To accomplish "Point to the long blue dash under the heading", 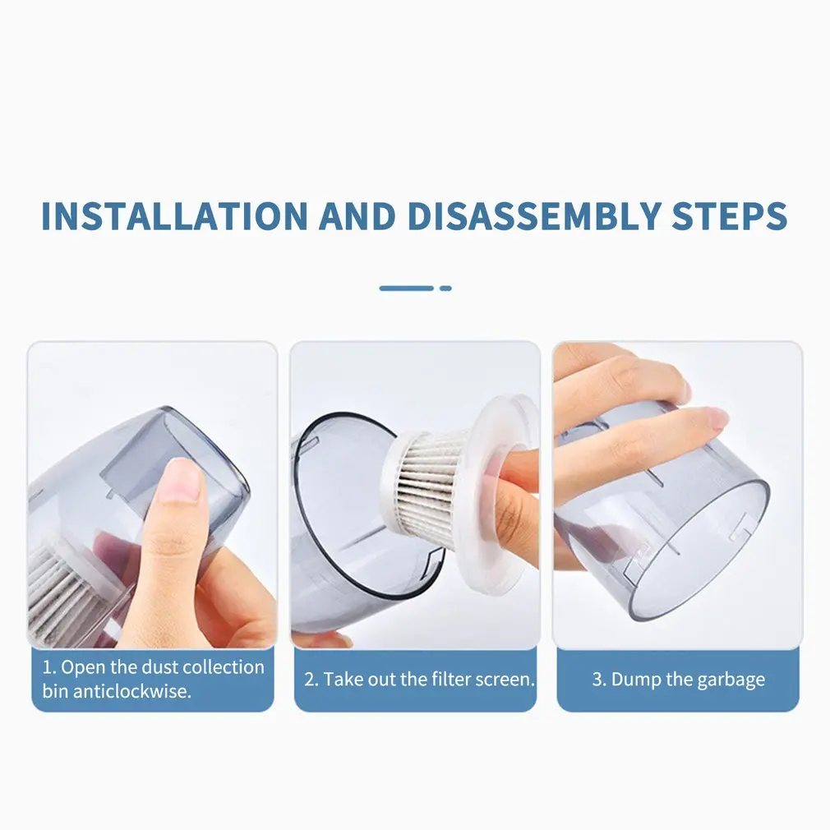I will [x=406, y=288].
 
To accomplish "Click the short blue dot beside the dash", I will [x=445, y=288].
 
